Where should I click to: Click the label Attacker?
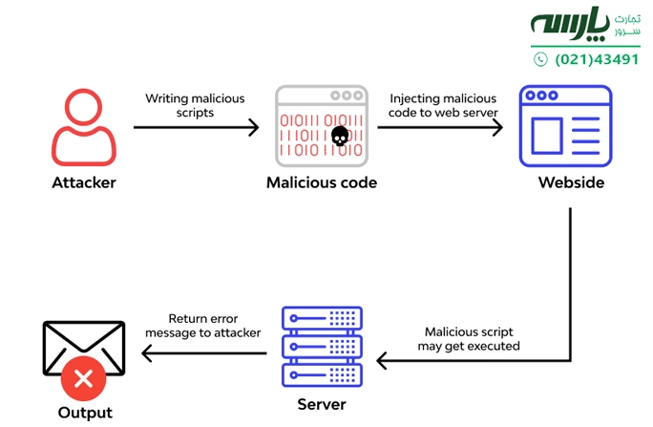click(x=84, y=182)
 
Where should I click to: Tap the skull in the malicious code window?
click(x=339, y=137)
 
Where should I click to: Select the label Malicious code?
click(x=321, y=182)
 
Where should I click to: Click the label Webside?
click(x=571, y=182)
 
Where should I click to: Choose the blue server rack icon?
click(x=322, y=346)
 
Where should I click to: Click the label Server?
click(x=322, y=404)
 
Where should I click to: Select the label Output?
click(x=84, y=413)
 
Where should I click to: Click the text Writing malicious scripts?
click(x=195, y=105)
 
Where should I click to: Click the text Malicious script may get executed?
click(x=469, y=338)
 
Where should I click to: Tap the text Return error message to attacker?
click(x=202, y=326)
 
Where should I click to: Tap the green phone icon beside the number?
click(x=540, y=59)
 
